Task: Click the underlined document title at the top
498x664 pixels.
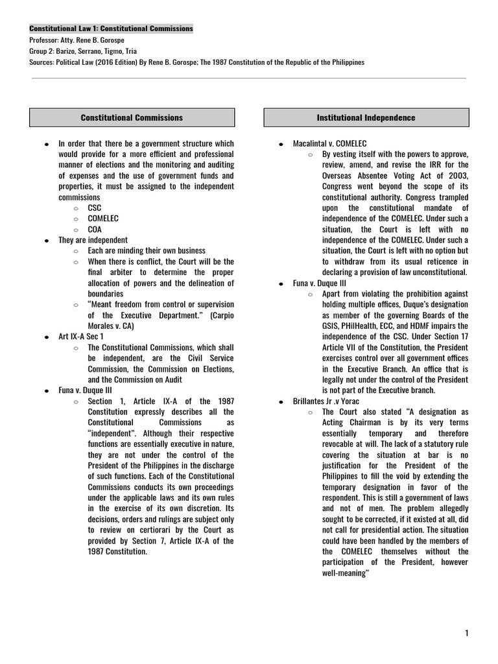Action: (112, 29)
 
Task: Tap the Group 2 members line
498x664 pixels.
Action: (83, 51)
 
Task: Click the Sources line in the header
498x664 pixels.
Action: (197, 62)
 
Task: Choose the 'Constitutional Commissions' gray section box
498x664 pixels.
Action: (132, 117)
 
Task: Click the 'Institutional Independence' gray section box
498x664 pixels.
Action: (366, 117)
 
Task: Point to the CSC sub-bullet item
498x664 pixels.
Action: (95, 207)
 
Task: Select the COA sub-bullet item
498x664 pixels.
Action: (95, 229)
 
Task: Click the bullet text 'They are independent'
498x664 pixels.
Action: (93, 240)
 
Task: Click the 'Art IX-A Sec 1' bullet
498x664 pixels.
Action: (80, 337)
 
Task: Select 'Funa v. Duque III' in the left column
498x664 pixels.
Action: (86, 390)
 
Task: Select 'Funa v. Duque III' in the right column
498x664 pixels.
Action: (320, 283)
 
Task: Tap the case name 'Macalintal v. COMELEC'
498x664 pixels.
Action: (329, 143)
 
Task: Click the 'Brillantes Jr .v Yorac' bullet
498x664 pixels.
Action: (327, 401)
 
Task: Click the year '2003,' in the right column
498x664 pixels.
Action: (455, 176)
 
